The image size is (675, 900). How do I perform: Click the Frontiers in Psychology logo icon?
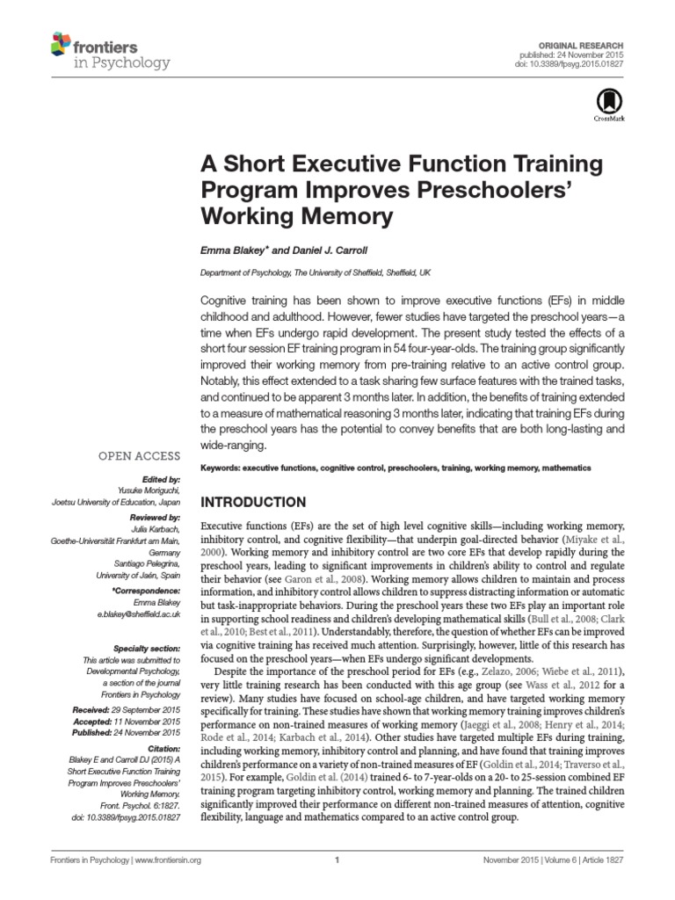point(61,42)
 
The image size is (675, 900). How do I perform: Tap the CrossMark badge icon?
point(607,102)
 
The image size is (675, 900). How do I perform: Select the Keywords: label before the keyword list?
point(221,468)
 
